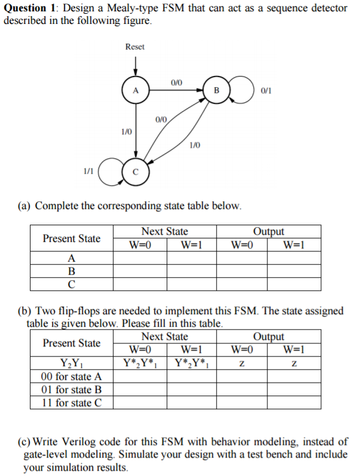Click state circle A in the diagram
click(x=136, y=91)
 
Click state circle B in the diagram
click(x=217, y=91)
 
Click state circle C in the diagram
click(x=136, y=172)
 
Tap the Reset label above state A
click(x=135, y=47)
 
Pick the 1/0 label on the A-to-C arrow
click(x=126, y=130)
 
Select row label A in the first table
click(x=72, y=259)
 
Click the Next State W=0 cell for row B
click(x=140, y=272)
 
